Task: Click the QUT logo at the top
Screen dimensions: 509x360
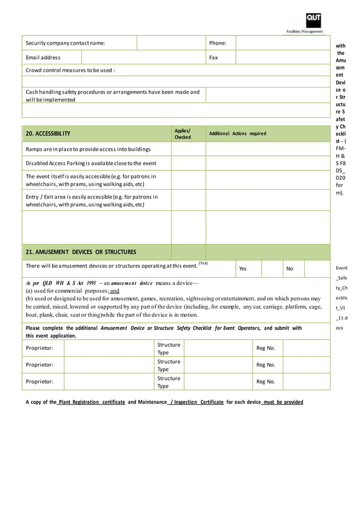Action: click(x=314, y=20)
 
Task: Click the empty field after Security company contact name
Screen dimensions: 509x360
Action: click(x=171, y=43)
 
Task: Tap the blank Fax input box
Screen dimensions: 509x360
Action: click(x=282, y=58)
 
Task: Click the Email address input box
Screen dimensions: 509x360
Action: click(x=143, y=58)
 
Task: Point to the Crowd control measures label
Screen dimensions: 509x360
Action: click(x=71, y=71)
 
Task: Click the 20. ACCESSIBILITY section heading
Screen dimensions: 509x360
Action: click(x=48, y=134)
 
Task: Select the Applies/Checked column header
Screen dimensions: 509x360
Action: click(x=183, y=134)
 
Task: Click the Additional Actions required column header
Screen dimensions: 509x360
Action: click(x=237, y=134)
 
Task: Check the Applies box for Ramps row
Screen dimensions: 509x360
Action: click(x=188, y=149)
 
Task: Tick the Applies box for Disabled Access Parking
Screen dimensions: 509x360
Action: click(x=188, y=164)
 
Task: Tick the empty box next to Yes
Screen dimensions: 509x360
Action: click(x=272, y=269)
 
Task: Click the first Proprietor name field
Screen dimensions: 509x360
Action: click(x=108, y=348)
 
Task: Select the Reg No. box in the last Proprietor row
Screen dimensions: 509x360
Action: click(x=306, y=382)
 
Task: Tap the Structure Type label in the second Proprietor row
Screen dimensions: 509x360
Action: click(x=168, y=365)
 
